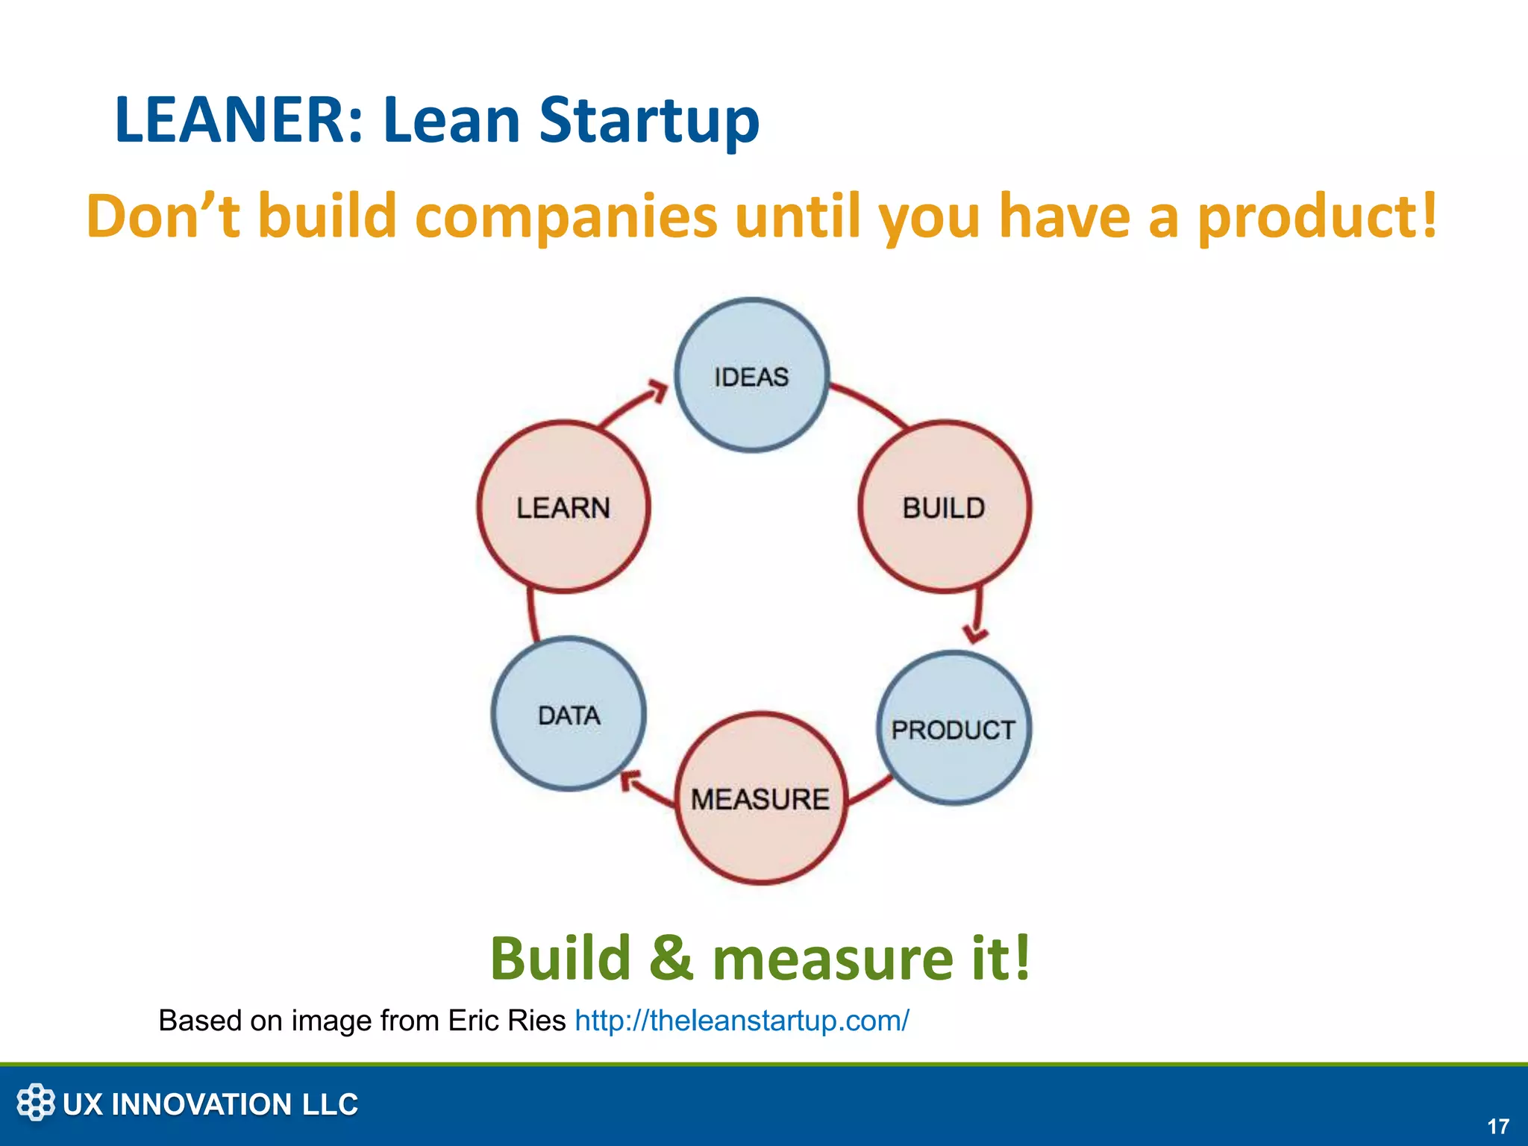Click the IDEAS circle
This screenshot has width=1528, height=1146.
752,375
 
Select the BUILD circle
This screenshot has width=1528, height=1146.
945,507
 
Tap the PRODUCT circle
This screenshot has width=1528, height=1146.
954,728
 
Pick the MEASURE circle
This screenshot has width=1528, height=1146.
761,798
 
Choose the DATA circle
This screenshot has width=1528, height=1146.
569,714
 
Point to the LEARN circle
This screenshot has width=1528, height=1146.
563,507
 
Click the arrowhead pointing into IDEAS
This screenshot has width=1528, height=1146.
657,390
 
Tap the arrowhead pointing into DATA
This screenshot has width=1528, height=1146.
630,780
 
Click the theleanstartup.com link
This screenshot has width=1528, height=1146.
742,1020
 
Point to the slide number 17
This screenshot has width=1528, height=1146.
1498,1126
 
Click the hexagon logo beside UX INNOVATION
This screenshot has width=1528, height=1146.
36,1102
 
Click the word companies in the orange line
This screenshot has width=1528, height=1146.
566,216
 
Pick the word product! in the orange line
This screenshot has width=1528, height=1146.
1317,216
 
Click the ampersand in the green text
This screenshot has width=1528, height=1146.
671,958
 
